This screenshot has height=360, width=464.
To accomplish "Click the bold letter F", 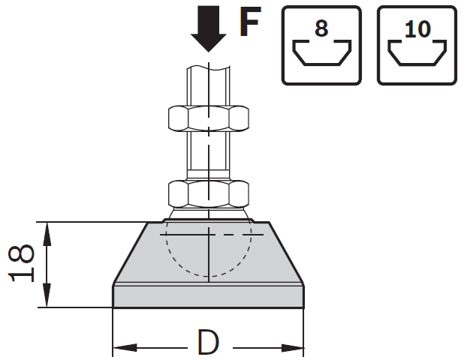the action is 250,21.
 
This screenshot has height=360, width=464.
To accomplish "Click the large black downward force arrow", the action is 209,28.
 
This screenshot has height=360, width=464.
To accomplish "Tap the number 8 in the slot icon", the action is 321,28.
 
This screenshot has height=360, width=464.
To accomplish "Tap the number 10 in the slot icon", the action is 417,29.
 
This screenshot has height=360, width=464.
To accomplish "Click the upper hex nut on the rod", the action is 209,118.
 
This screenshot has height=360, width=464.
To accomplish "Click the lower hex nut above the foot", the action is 209,193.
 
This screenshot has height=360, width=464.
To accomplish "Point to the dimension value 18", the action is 21,263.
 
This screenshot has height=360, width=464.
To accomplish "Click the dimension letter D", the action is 208,342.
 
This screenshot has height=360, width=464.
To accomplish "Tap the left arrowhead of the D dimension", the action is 125,348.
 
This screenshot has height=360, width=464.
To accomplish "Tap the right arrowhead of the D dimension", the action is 292,348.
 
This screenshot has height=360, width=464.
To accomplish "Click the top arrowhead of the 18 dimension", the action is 47,234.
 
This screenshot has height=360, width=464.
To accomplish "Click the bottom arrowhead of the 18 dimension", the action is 47,295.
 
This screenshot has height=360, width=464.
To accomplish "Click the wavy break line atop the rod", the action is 208,68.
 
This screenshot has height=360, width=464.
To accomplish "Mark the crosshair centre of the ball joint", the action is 209,235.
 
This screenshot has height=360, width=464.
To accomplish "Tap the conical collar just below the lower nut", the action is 209,213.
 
